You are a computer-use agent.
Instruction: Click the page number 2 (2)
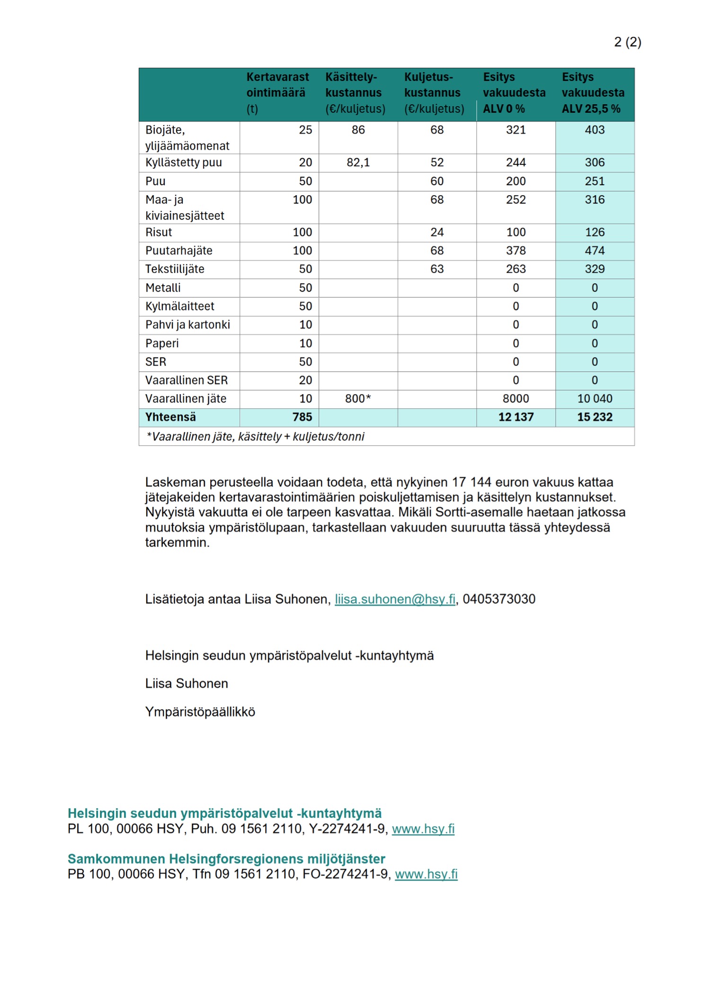point(627,42)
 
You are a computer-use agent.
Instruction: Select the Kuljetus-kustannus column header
point(433,93)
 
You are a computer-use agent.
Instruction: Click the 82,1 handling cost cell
point(358,162)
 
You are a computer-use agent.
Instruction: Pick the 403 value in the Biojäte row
point(595,130)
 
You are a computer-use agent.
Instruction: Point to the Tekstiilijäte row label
point(175,269)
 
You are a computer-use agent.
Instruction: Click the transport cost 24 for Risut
point(436,232)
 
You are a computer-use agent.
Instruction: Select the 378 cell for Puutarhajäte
point(515,251)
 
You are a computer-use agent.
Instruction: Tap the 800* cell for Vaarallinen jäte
point(358,399)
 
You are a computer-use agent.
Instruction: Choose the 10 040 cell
point(595,399)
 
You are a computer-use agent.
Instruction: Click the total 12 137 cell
point(515,417)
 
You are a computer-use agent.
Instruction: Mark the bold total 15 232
point(595,417)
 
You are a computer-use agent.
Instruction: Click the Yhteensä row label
point(170,417)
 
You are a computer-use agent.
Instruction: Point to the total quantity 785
point(302,417)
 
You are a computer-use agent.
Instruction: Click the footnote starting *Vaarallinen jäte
point(256,437)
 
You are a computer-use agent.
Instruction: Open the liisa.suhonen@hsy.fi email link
point(395,599)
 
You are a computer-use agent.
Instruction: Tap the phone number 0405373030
point(499,599)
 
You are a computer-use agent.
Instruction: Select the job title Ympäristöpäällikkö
point(200,712)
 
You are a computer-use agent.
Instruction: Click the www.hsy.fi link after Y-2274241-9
point(423,829)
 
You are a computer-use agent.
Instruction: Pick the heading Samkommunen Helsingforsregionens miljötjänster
point(226,859)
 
